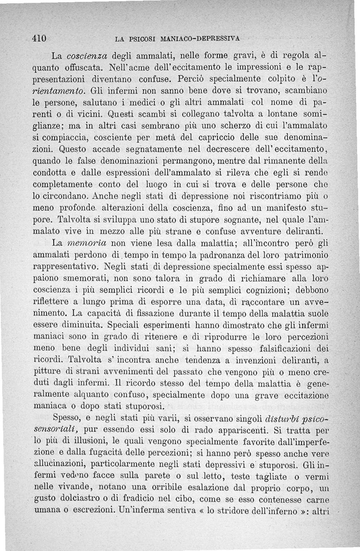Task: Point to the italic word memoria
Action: [x=86, y=243]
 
